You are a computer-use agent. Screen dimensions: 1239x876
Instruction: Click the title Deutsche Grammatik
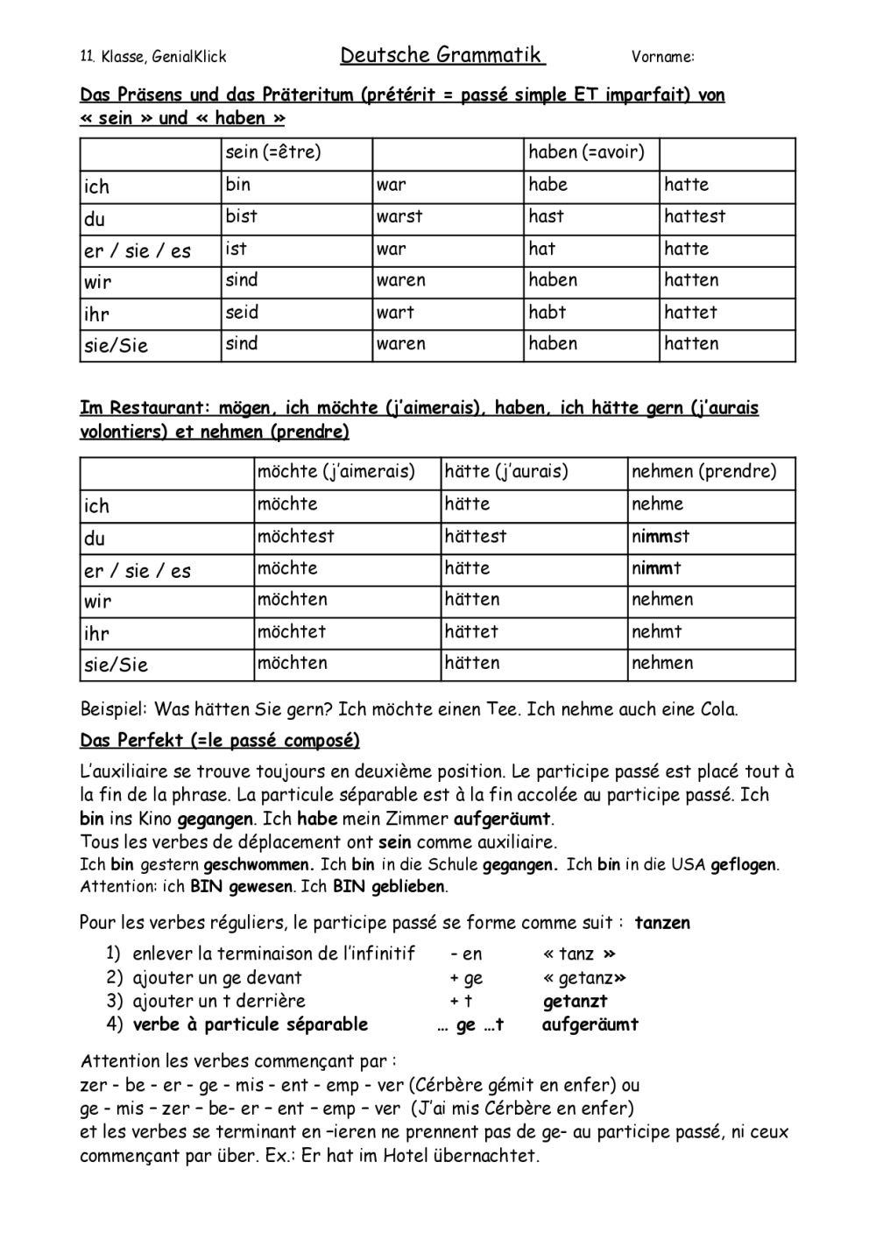click(442, 56)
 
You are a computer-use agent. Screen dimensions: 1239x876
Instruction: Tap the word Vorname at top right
click(661, 58)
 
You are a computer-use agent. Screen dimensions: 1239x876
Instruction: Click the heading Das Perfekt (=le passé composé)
click(220, 741)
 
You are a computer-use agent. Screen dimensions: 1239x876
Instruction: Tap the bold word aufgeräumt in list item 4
click(590, 1024)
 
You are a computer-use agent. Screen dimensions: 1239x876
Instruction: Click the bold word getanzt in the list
click(575, 1002)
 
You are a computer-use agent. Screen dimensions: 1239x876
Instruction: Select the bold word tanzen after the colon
click(662, 923)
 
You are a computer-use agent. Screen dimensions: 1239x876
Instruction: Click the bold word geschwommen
click(258, 865)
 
